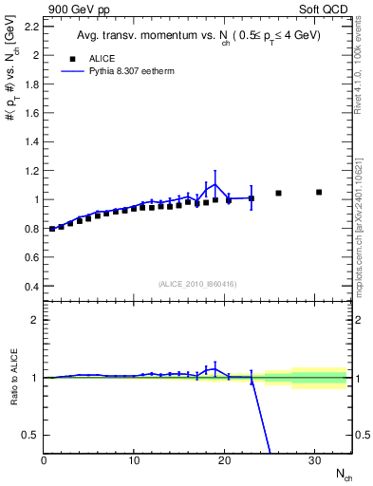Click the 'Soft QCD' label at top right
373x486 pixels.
(325, 9)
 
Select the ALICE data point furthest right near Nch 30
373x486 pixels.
(319, 192)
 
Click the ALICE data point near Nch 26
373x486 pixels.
(278, 193)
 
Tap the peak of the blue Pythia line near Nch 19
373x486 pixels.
(215, 184)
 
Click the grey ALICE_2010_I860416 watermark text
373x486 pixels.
(198, 283)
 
